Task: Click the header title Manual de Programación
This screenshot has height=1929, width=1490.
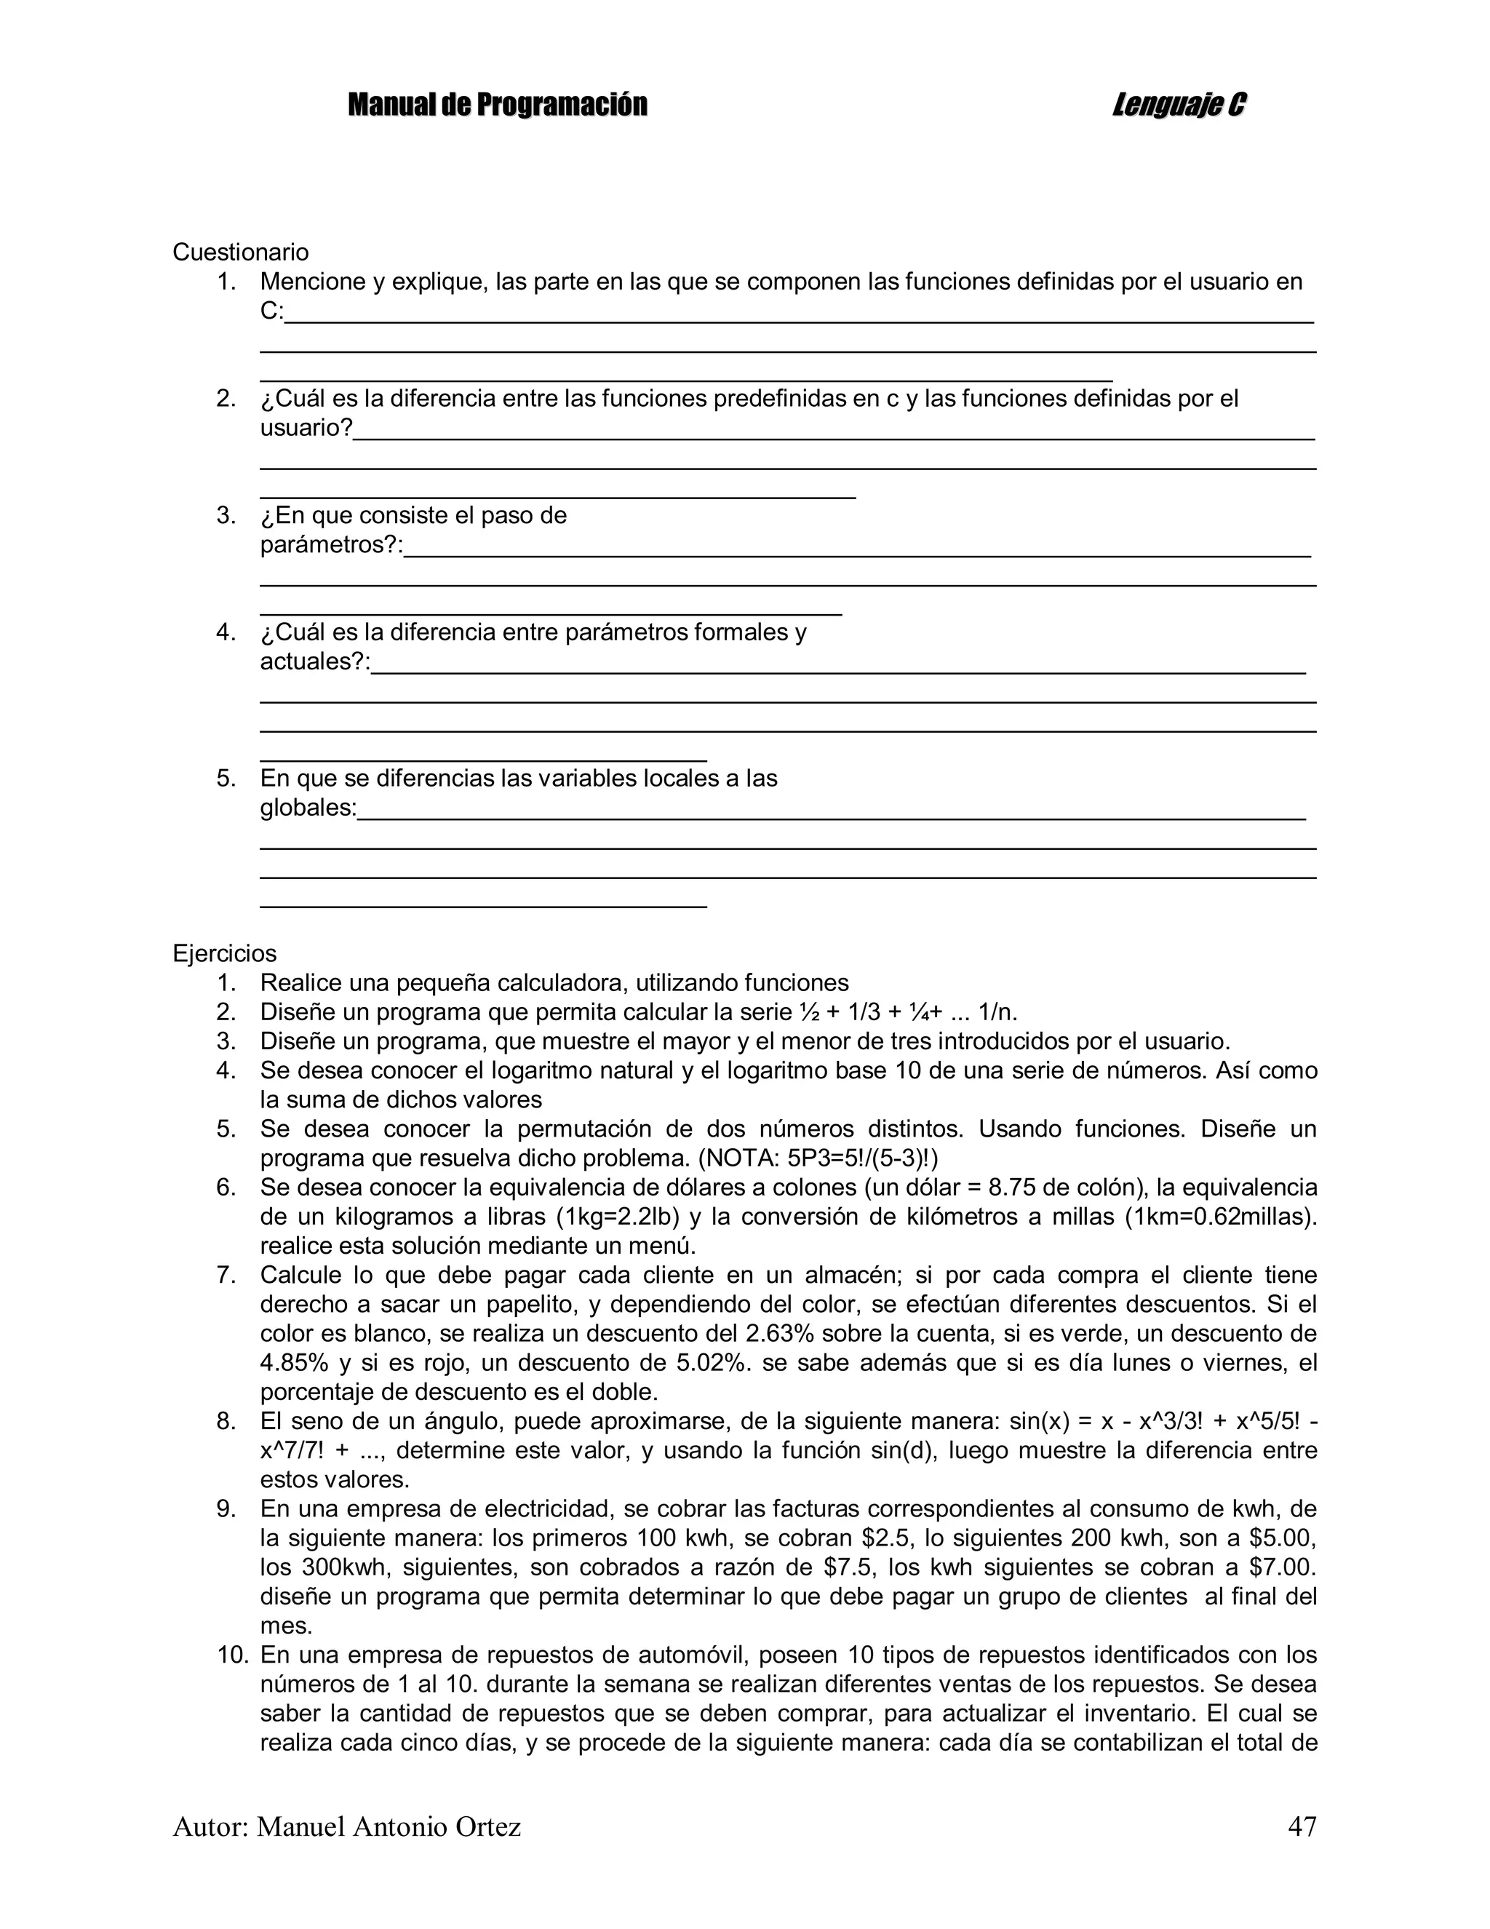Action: [497, 105]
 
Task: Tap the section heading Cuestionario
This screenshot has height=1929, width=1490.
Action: [240, 252]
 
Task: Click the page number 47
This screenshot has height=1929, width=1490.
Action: [1302, 1826]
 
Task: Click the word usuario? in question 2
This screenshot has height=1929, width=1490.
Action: [306, 429]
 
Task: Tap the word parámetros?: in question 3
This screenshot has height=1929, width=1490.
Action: [331, 545]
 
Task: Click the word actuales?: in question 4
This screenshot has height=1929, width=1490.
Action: [315, 661]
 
